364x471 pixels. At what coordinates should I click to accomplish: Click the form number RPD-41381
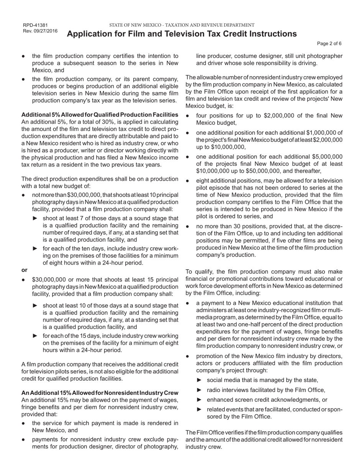click(x=35, y=25)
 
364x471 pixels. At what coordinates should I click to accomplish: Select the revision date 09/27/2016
click(x=46, y=31)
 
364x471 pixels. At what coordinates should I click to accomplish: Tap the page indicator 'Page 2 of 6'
click(x=329, y=44)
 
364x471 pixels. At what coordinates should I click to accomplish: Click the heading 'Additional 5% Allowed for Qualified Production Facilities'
click(x=100, y=114)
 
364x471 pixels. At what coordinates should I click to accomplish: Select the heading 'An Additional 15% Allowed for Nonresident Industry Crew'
click(x=100, y=393)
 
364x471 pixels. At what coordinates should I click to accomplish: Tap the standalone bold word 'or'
click(x=25, y=270)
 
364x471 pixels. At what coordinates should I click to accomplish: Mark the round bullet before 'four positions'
click(x=188, y=116)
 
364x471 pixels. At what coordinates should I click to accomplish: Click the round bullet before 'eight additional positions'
click(x=188, y=180)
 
